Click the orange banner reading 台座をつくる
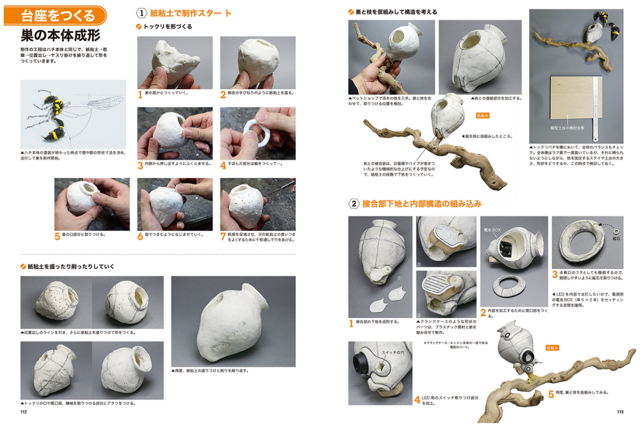[55, 15]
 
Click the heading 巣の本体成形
[59, 36]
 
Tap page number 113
[620, 412]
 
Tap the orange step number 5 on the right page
[551, 393]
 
